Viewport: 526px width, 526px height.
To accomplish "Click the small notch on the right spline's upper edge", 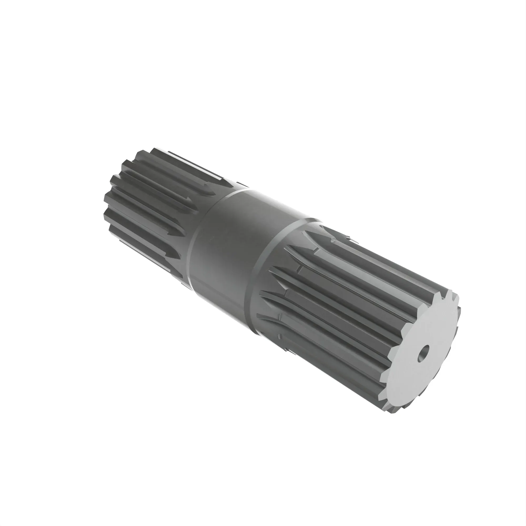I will tap(332, 240).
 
